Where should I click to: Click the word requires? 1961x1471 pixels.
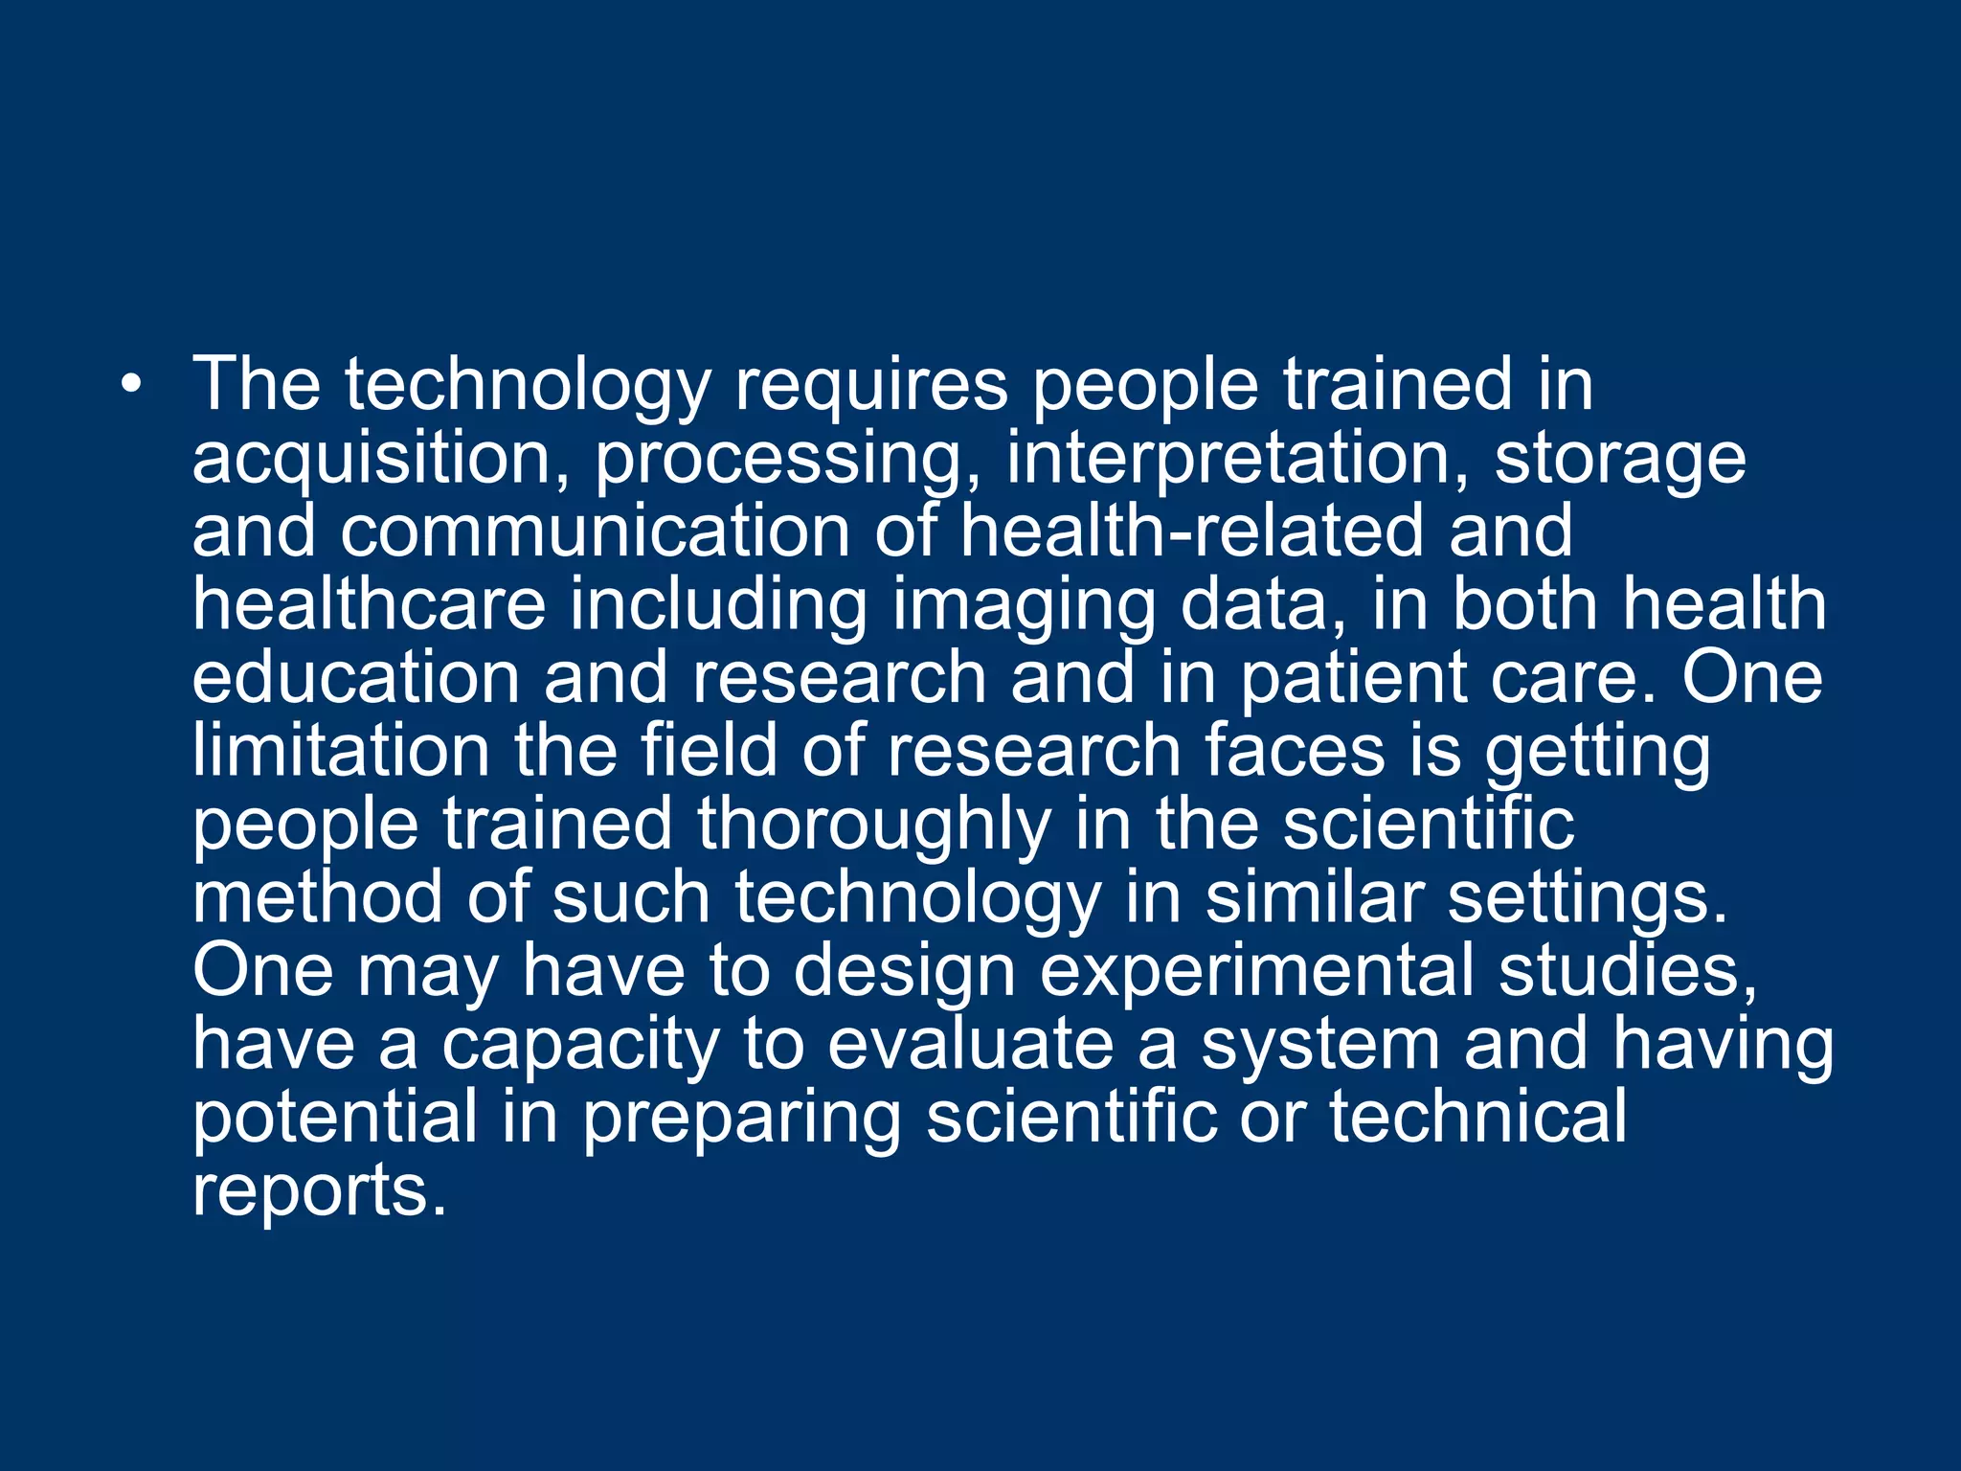871,386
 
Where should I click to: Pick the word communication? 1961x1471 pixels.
595,532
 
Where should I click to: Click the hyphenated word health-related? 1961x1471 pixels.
1192,532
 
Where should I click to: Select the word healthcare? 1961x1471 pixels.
369,605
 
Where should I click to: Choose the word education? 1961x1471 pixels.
355,678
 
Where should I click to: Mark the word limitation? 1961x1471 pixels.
341,751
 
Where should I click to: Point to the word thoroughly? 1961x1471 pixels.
873,826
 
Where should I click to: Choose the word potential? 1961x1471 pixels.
334,1119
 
